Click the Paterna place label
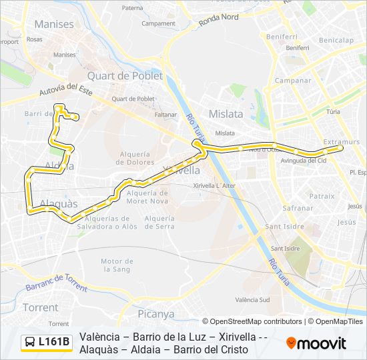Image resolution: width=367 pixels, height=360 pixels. pyautogui.click(x=132, y=8)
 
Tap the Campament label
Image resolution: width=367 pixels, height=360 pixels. pyautogui.click(x=158, y=23)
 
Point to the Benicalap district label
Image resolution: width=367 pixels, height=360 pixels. pyautogui.click(x=337, y=40)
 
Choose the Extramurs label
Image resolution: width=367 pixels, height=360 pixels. pyautogui.click(x=341, y=142)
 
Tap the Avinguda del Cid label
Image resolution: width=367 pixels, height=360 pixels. pyautogui.click(x=304, y=161)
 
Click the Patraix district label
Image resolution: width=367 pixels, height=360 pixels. pyautogui.click(x=322, y=196)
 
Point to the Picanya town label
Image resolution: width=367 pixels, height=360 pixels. pyautogui.click(x=155, y=314)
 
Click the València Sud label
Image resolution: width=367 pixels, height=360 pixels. pyautogui.click(x=252, y=300)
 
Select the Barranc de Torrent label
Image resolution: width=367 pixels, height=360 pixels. pyautogui.click(x=57, y=283)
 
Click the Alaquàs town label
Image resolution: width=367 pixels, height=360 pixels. pyautogui.click(x=59, y=204)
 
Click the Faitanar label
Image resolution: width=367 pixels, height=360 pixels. pyautogui.click(x=165, y=115)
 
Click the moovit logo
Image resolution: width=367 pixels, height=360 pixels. pyautogui.click(x=316, y=343)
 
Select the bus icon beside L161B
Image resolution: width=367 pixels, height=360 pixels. pyautogui.click(x=31, y=343)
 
